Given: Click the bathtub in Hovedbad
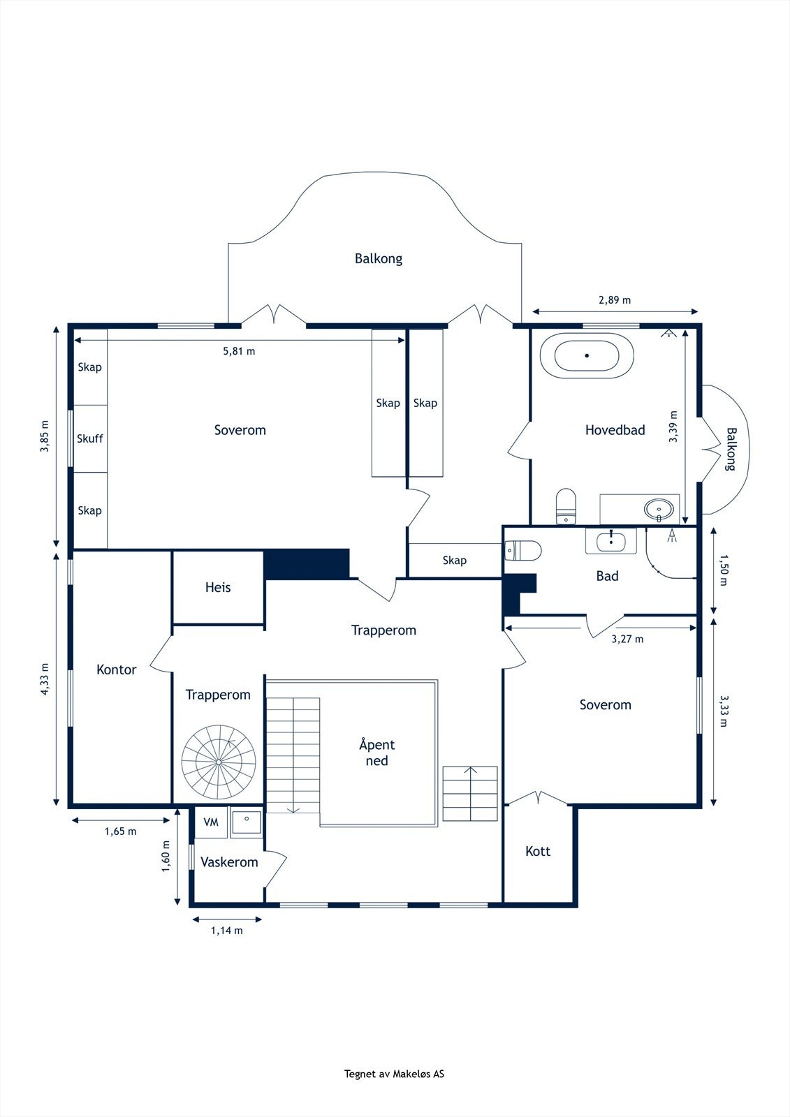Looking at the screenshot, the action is click(x=587, y=355).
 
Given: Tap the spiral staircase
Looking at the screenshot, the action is click(x=219, y=762).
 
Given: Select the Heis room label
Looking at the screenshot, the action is click(x=218, y=587).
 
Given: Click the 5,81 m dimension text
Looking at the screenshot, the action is click(x=239, y=351).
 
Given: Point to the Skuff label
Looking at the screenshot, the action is click(x=90, y=439).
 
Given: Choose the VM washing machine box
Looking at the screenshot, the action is click(x=211, y=822).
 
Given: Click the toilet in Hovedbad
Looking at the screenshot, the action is click(x=566, y=506).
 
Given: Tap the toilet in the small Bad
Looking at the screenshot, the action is click(x=523, y=551).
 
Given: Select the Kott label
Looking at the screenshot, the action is click(x=537, y=851).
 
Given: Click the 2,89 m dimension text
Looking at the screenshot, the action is click(x=615, y=300).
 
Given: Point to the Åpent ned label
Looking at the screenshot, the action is click(x=376, y=753).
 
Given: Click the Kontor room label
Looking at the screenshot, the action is click(x=116, y=670).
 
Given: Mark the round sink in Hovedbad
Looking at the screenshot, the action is click(x=659, y=510).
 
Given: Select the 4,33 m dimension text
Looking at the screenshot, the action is click(x=45, y=679).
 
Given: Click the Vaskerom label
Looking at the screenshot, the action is click(x=229, y=862).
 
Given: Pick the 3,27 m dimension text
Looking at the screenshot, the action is click(x=627, y=639).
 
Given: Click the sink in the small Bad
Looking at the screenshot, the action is click(x=611, y=542).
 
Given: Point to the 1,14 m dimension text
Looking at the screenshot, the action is click(x=226, y=931).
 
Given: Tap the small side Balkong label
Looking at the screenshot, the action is click(x=731, y=449).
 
